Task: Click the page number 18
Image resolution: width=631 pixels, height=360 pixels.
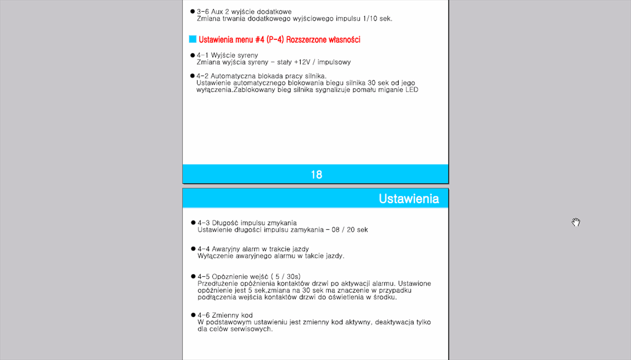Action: coord(316,175)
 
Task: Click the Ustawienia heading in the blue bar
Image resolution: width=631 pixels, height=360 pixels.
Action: coord(408,199)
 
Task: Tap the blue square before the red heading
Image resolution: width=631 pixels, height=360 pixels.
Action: coord(193,39)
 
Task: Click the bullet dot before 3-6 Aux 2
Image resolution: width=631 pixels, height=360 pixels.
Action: coord(192,11)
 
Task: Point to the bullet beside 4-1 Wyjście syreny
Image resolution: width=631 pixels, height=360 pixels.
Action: coord(192,55)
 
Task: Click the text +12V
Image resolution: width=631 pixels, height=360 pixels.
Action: coord(303,62)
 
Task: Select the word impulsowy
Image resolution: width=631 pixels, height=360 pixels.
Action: coord(334,62)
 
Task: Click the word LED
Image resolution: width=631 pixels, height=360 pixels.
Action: coord(412,90)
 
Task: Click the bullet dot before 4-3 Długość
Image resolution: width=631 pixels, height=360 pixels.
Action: coord(193,222)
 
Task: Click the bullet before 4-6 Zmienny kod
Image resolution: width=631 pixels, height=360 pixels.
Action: coord(193,315)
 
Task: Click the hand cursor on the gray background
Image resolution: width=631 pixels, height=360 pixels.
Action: coord(576,222)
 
